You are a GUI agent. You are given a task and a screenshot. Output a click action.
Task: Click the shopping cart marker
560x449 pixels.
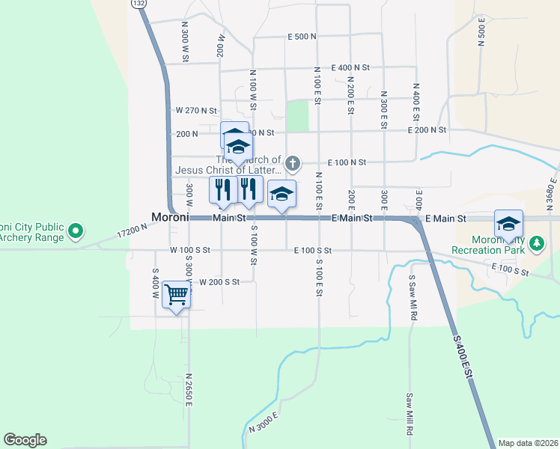tap(176, 296)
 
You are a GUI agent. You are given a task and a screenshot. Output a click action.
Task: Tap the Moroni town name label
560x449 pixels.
tap(169, 218)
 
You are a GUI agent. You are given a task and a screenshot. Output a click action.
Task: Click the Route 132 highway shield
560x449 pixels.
tap(139, 4)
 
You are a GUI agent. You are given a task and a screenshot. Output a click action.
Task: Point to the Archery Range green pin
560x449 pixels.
tap(75, 232)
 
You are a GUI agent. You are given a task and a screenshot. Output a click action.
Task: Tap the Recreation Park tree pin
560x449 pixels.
tap(536, 243)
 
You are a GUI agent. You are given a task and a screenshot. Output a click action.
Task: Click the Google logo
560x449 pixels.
tap(25, 440)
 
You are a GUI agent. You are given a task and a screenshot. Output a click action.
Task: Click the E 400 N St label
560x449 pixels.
tap(350, 67)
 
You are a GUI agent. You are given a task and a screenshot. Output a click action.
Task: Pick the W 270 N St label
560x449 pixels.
tap(196, 110)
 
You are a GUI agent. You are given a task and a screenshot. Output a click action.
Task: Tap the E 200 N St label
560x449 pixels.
tap(427, 129)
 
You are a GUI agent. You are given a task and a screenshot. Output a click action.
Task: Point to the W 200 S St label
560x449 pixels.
tap(219, 282)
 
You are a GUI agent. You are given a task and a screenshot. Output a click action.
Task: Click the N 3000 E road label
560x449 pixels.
tap(264, 422)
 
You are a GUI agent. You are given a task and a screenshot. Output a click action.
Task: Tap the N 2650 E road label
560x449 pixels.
tap(190, 389)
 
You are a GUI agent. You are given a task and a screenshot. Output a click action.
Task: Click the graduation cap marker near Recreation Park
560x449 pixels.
tap(508, 224)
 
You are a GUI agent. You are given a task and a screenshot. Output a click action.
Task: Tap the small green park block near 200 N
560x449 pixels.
tap(298, 116)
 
